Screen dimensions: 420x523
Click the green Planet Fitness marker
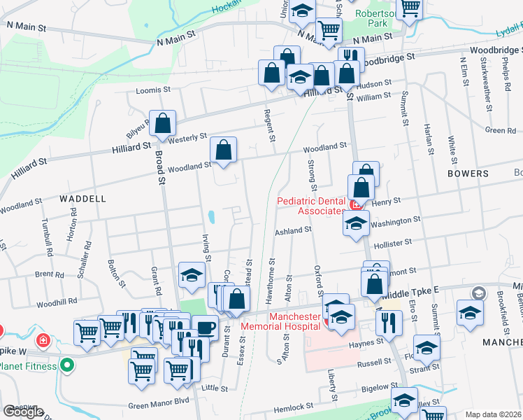pos(67,365)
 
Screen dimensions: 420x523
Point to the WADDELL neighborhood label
pos(83,199)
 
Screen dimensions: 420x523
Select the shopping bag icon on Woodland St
pos(223,149)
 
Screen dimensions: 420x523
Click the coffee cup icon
pos(205,327)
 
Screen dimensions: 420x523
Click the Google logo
pos(23,412)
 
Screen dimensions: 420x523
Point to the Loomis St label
pos(153,90)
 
